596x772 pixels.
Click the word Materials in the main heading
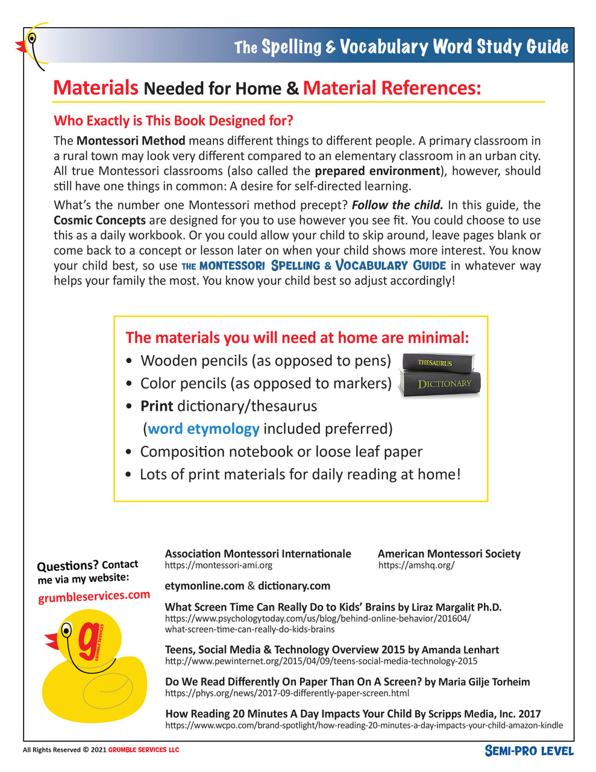click(96, 88)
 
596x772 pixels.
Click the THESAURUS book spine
click(435, 363)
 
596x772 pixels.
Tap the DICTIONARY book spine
click(444, 384)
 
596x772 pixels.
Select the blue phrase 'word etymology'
click(204, 429)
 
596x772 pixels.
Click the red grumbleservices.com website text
click(94, 596)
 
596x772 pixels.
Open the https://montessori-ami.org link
click(218, 566)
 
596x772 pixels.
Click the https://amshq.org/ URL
click(416, 566)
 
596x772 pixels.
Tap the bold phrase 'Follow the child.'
click(398, 205)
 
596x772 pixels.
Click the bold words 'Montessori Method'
click(131, 141)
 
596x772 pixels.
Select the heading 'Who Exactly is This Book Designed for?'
click(174, 121)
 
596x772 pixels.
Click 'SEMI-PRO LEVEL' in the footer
click(529, 751)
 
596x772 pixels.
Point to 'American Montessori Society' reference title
click(449, 554)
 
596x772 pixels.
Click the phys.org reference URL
click(287, 694)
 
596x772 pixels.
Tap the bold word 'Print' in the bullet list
click(157, 406)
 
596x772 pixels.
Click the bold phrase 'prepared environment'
click(377, 171)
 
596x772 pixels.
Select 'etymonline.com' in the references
click(204, 586)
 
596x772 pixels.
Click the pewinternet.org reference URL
click(321, 662)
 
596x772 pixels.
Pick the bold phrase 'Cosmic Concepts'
click(99, 221)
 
